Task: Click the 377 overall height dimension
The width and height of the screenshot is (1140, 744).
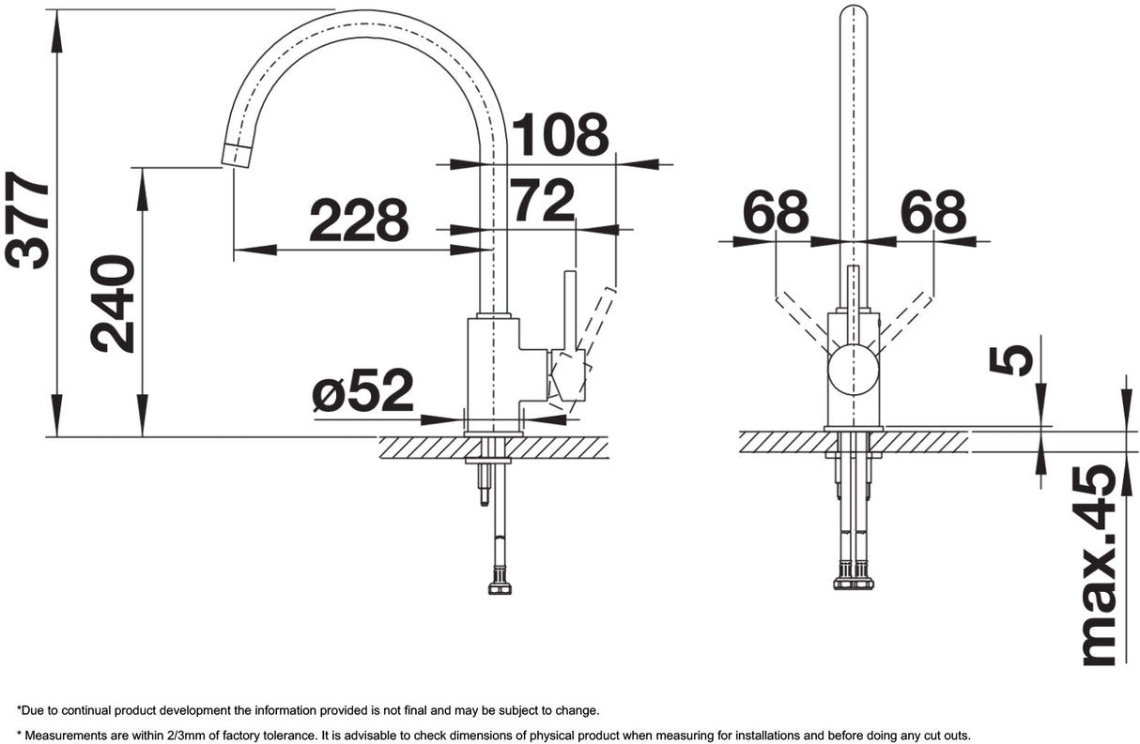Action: tap(27, 220)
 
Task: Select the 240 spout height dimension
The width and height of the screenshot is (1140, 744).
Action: tap(114, 303)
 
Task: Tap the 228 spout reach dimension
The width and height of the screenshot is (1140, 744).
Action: tap(359, 221)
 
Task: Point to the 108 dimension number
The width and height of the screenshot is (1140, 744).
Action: tap(559, 135)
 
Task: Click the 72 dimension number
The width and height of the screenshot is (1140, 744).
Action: tap(542, 201)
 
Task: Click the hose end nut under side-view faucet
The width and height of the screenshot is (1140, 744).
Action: tap(500, 586)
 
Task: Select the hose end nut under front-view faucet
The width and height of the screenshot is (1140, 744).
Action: tap(853, 581)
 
